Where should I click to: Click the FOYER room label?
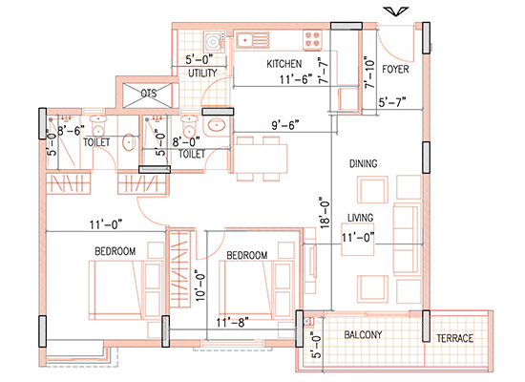(396, 70)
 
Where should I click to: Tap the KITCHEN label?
(284, 63)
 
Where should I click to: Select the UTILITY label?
(203, 73)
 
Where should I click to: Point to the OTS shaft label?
(148, 94)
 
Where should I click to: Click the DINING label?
(364, 164)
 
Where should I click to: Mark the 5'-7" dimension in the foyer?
(393, 101)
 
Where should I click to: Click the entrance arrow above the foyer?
(391, 11)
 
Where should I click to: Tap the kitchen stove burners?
(313, 40)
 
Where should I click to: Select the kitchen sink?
(252, 40)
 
